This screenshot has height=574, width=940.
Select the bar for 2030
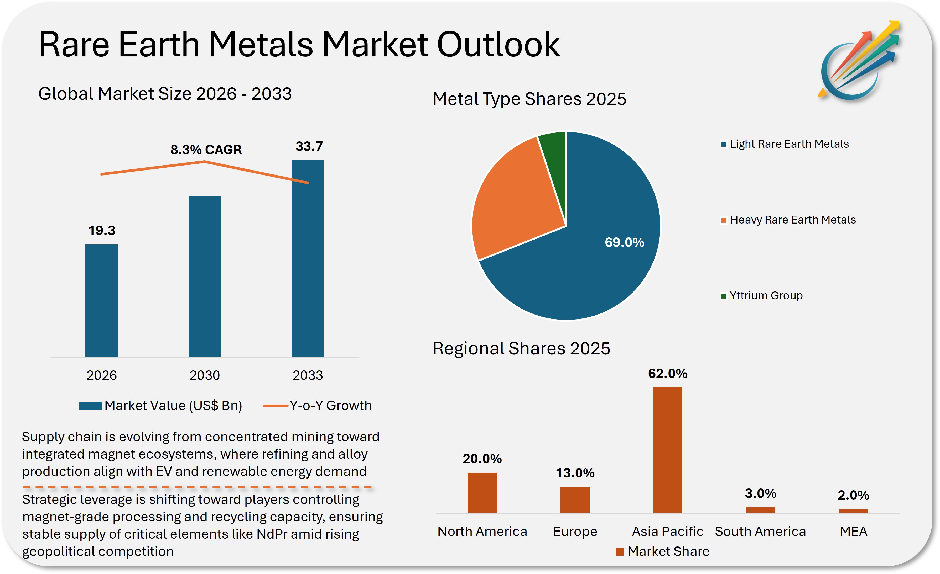[x=205, y=276]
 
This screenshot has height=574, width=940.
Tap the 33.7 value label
[x=309, y=146]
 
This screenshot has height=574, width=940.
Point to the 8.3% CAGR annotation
[x=206, y=150]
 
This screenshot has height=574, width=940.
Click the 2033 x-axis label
[x=308, y=375]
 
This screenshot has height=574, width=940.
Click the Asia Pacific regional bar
[x=668, y=450]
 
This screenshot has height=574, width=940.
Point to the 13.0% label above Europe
[x=575, y=473]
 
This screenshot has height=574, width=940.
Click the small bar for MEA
[x=853, y=511]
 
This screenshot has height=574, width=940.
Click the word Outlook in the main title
[x=498, y=45]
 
